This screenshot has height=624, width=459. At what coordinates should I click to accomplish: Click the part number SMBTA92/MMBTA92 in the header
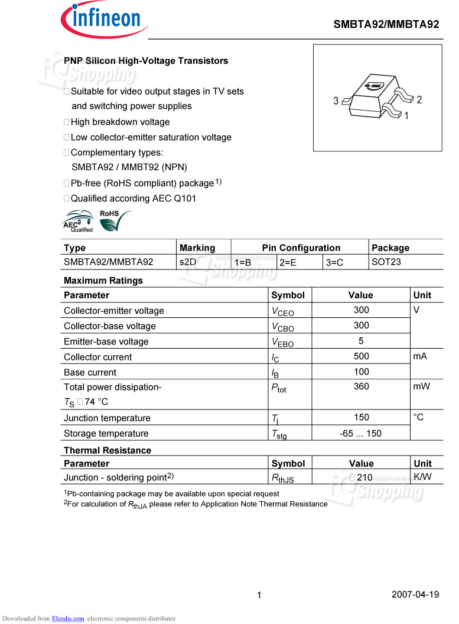click(x=386, y=24)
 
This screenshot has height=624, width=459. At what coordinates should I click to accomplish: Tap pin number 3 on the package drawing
click(x=336, y=101)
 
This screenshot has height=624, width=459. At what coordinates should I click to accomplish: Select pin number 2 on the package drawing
click(x=419, y=100)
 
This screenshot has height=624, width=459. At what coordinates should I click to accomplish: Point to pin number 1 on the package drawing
click(x=406, y=116)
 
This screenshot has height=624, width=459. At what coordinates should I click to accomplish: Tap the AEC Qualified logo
click(x=79, y=222)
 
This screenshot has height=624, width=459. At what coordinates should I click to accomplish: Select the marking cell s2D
click(x=188, y=261)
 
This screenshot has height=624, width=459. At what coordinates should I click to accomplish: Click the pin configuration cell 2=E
click(x=288, y=262)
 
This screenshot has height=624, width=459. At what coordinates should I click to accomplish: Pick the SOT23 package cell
click(x=386, y=261)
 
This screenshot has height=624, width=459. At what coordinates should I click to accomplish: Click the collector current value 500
click(x=361, y=356)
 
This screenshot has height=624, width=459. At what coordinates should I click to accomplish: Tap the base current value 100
click(x=361, y=372)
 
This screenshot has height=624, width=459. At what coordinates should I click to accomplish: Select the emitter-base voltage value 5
click(x=361, y=341)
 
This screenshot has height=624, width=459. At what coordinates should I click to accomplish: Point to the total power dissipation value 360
click(x=361, y=386)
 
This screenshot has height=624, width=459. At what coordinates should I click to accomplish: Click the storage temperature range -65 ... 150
click(x=361, y=433)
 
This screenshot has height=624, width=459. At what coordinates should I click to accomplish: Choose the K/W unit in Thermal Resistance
click(x=422, y=476)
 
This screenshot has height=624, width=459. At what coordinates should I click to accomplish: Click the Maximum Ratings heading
click(x=103, y=280)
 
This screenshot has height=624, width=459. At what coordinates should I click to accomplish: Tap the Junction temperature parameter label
click(x=107, y=418)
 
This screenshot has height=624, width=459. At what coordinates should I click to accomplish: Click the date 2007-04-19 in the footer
click(x=415, y=594)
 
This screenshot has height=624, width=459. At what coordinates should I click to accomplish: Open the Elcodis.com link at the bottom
click(x=68, y=619)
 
